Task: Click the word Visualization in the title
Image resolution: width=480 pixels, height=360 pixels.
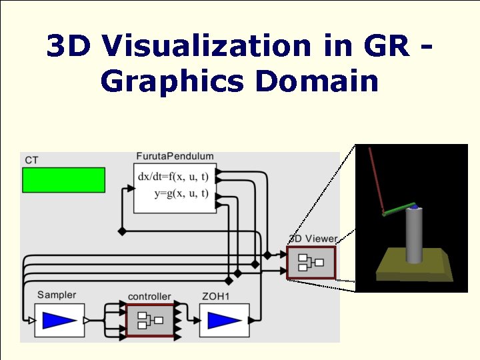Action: click(x=207, y=46)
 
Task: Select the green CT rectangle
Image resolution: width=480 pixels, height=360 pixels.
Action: click(x=63, y=180)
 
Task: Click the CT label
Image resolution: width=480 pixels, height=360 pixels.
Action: click(x=31, y=160)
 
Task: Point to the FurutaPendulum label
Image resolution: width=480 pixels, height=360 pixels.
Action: click(x=175, y=156)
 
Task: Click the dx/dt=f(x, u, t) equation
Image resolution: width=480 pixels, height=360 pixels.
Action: click(x=173, y=177)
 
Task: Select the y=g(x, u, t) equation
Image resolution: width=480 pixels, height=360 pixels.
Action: click(x=181, y=193)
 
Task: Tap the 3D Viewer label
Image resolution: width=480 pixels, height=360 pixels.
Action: click(x=313, y=239)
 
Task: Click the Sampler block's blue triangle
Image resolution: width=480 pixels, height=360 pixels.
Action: click(x=59, y=321)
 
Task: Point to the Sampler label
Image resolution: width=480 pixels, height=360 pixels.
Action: click(x=56, y=295)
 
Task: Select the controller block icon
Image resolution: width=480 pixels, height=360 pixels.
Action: click(x=149, y=321)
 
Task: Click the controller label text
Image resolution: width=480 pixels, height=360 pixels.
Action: click(x=149, y=296)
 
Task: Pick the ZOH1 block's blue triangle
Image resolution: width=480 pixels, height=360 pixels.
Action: click(x=224, y=321)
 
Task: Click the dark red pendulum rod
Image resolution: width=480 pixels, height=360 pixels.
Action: click(x=376, y=179)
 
